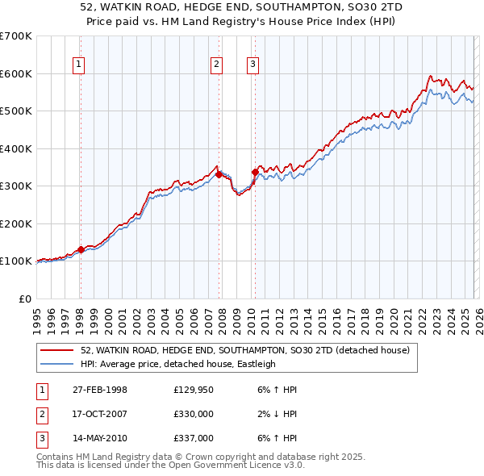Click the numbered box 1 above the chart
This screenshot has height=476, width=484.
(x=80, y=65)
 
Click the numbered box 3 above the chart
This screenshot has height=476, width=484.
(x=253, y=65)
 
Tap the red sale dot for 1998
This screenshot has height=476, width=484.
(x=81, y=249)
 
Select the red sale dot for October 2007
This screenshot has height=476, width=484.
(x=219, y=174)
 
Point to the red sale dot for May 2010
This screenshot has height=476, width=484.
(x=255, y=172)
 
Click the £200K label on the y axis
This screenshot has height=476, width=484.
(x=16, y=223)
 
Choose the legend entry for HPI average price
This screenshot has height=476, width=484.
(x=177, y=364)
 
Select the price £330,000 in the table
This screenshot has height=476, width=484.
(x=193, y=414)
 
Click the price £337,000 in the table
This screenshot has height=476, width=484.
(x=193, y=438)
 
